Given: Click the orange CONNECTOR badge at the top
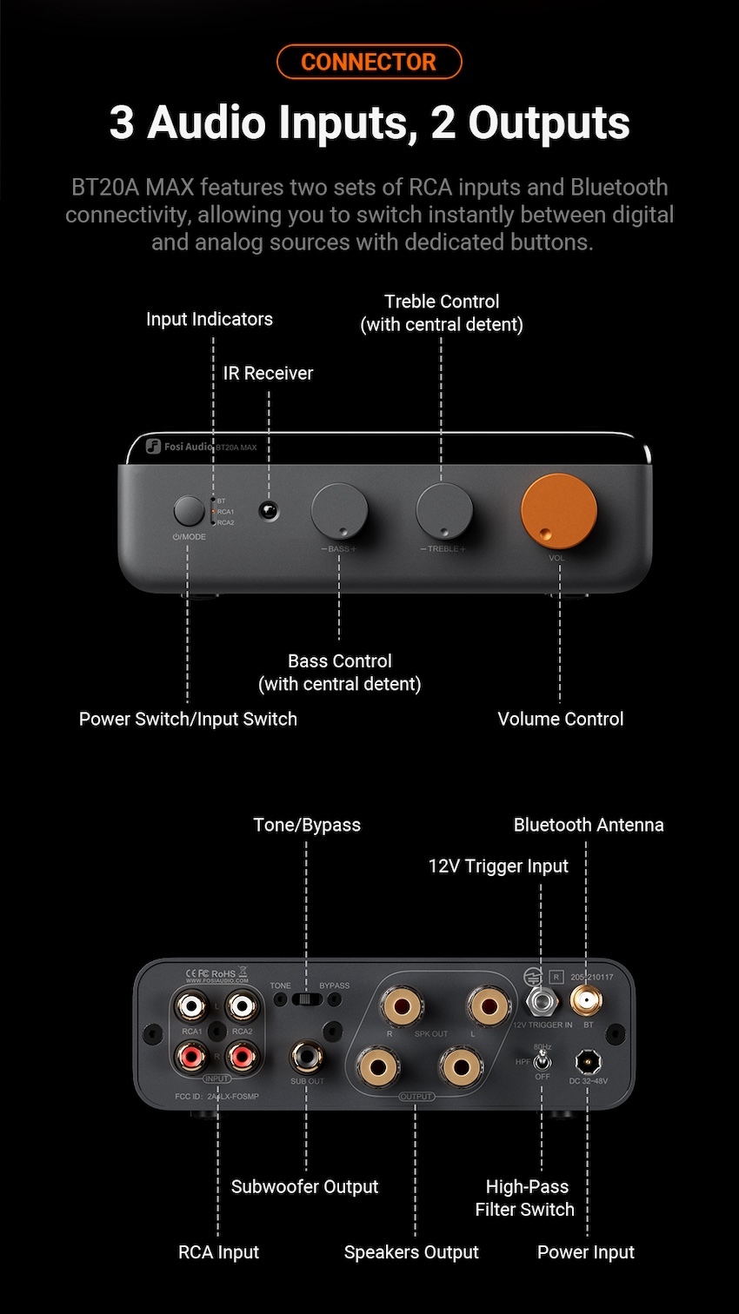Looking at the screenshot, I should pyautogui.click(x=369, y=63).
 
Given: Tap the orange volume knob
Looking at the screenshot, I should pyautogui.click(x=559, y=511).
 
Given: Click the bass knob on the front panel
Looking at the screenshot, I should pyautogui.click(x=339, y=511).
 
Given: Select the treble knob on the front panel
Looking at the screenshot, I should pyautogui.click(x=444, y=511).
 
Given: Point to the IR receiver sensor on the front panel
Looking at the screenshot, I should pyautogui.click(x=269, y=510).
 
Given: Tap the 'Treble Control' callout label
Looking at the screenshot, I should pyautogui.click(x=442, y=313).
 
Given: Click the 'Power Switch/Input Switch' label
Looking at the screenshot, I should pyautogui.click(x=188, y=720).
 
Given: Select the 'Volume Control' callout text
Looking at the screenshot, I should pyautogui.click(x=560, y=720).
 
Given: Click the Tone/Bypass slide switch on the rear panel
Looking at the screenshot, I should pyautogui.click(x=306, y=999).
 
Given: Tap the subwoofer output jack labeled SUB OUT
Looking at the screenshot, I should pyautogui.click(x=306, y=1057).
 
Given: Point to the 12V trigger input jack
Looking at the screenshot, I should pyautogui.click(x=542, y=1002).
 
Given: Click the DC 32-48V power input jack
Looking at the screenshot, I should pyautogui.click(x=588, y=1060).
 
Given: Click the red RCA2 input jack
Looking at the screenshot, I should pyautogui.click(x=242, y=1057).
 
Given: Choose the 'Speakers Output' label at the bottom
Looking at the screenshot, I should pyautogui.click(x=411, y=1252).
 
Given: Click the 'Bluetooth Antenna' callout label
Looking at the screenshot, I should pyautogui.click(x=589, y=825).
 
